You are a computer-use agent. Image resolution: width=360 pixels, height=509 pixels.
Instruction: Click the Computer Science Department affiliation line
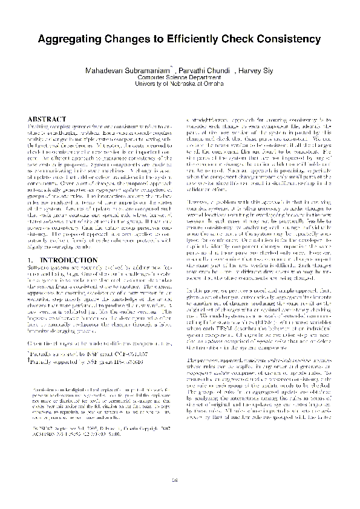click(180, 78)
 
